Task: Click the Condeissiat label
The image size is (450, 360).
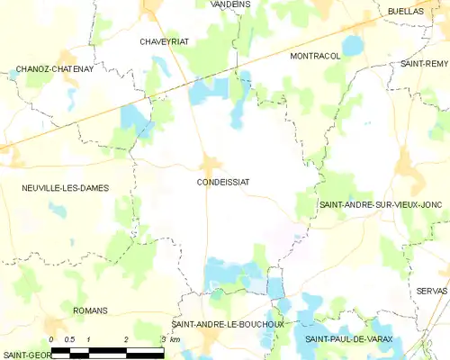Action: (x=222, y=182)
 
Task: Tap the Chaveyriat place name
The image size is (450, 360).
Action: (x=163, y=41)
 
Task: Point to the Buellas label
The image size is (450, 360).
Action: (x=406, y=12)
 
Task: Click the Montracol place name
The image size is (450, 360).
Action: (x=315, y=56)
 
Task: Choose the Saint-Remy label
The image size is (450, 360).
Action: (x=425, y=64)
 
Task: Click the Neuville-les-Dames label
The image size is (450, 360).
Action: (x=66, y=188)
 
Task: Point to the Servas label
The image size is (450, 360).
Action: (x=431, y=292)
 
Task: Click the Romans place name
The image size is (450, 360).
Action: (x=90, y=310)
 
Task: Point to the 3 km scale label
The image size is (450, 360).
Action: (x=171, y=339)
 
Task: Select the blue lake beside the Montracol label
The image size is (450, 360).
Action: (x=352, y=45)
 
